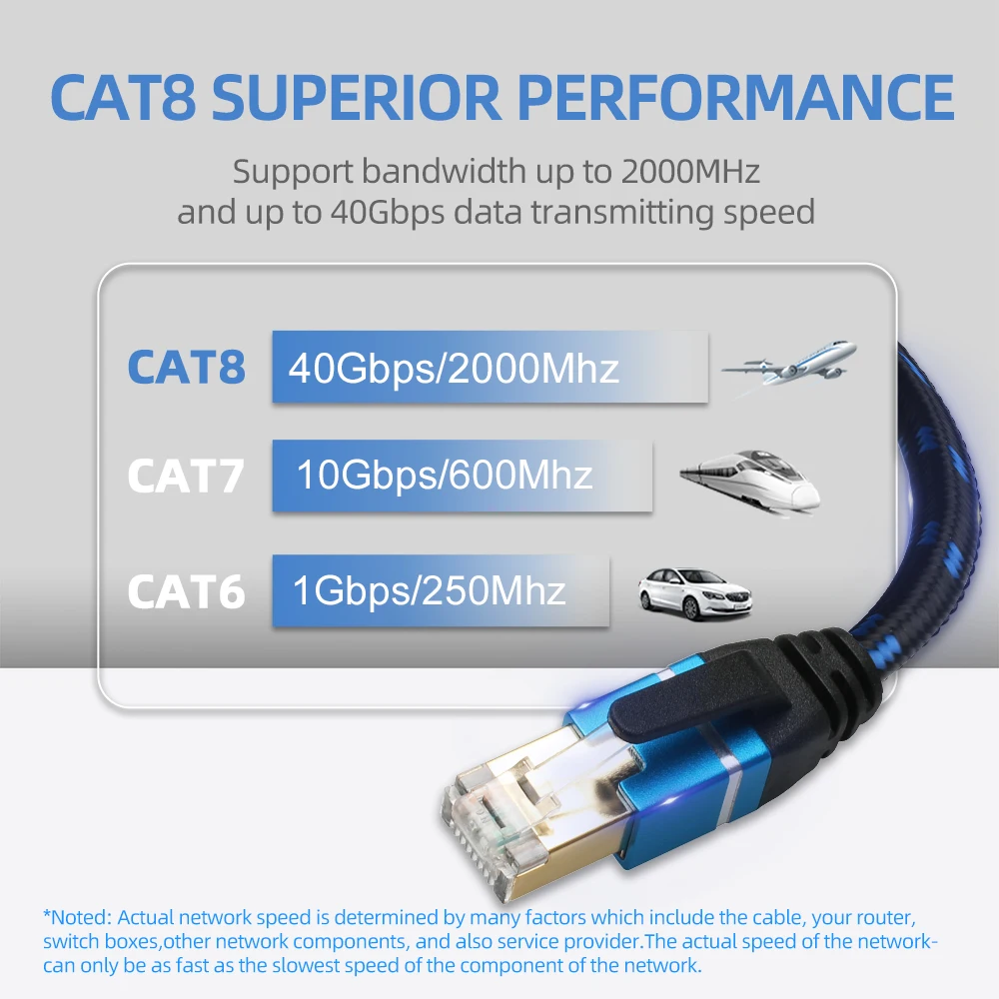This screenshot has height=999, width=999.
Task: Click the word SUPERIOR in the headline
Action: (x=357, y=97)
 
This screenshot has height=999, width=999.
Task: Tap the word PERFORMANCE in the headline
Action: (x=736, y=97)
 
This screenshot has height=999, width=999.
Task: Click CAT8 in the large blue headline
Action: (x=124, y=97)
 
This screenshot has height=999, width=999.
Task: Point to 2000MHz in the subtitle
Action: (x=690, y=172)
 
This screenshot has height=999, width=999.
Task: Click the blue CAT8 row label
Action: (x=186, y=367)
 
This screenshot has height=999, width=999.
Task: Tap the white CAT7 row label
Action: (x=186, y=476)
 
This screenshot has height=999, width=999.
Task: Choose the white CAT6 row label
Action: (x=186, y=591)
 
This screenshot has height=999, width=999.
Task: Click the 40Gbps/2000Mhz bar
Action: (x=490, y=367)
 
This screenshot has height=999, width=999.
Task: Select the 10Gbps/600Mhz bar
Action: (x=462, y=476)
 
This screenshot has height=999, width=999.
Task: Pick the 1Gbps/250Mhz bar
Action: (x=441, y=590)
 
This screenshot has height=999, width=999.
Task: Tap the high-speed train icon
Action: (x=750, y=482)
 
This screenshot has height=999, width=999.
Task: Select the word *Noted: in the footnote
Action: (x=77, y=917)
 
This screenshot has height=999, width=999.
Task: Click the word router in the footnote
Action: (x=885, y=918)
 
